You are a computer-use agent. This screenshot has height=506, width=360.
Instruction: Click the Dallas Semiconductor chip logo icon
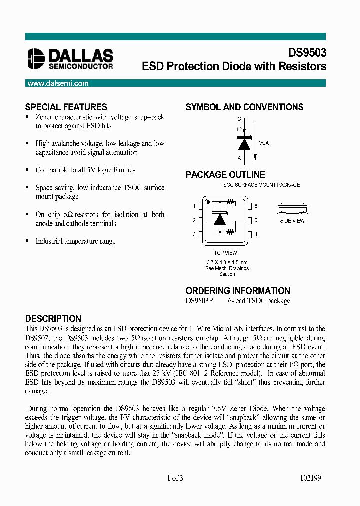[36, 58]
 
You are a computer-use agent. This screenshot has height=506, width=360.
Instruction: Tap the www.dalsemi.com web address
[58, 83]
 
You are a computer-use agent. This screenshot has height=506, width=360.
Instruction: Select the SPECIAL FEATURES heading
[66, 107]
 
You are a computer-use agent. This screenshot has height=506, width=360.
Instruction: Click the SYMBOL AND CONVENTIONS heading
[244, 107]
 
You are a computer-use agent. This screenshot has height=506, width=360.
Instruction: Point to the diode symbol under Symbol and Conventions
[244, 144]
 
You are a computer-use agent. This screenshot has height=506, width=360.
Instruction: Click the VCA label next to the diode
[264, 143]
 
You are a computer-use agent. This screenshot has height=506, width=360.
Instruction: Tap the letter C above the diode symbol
[239, 119]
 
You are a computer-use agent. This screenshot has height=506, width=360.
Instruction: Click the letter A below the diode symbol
[239, 158]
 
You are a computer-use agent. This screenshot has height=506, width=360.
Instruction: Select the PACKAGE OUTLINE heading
[225, 175]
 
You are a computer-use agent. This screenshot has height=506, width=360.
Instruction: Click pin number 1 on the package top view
[194, 206]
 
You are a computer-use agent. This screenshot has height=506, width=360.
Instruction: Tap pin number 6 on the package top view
[256, 206]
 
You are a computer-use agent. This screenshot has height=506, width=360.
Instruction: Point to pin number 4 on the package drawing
[256, 234]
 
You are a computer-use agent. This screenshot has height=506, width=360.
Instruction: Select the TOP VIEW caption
[225, 253]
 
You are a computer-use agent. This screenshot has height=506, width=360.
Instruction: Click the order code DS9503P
[199, 301]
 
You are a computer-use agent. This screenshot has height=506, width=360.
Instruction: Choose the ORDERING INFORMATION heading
[238, 291]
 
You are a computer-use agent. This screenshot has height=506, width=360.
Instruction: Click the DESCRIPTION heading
[53, 319]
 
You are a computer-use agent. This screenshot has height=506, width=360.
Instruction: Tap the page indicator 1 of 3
[175, 478]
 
